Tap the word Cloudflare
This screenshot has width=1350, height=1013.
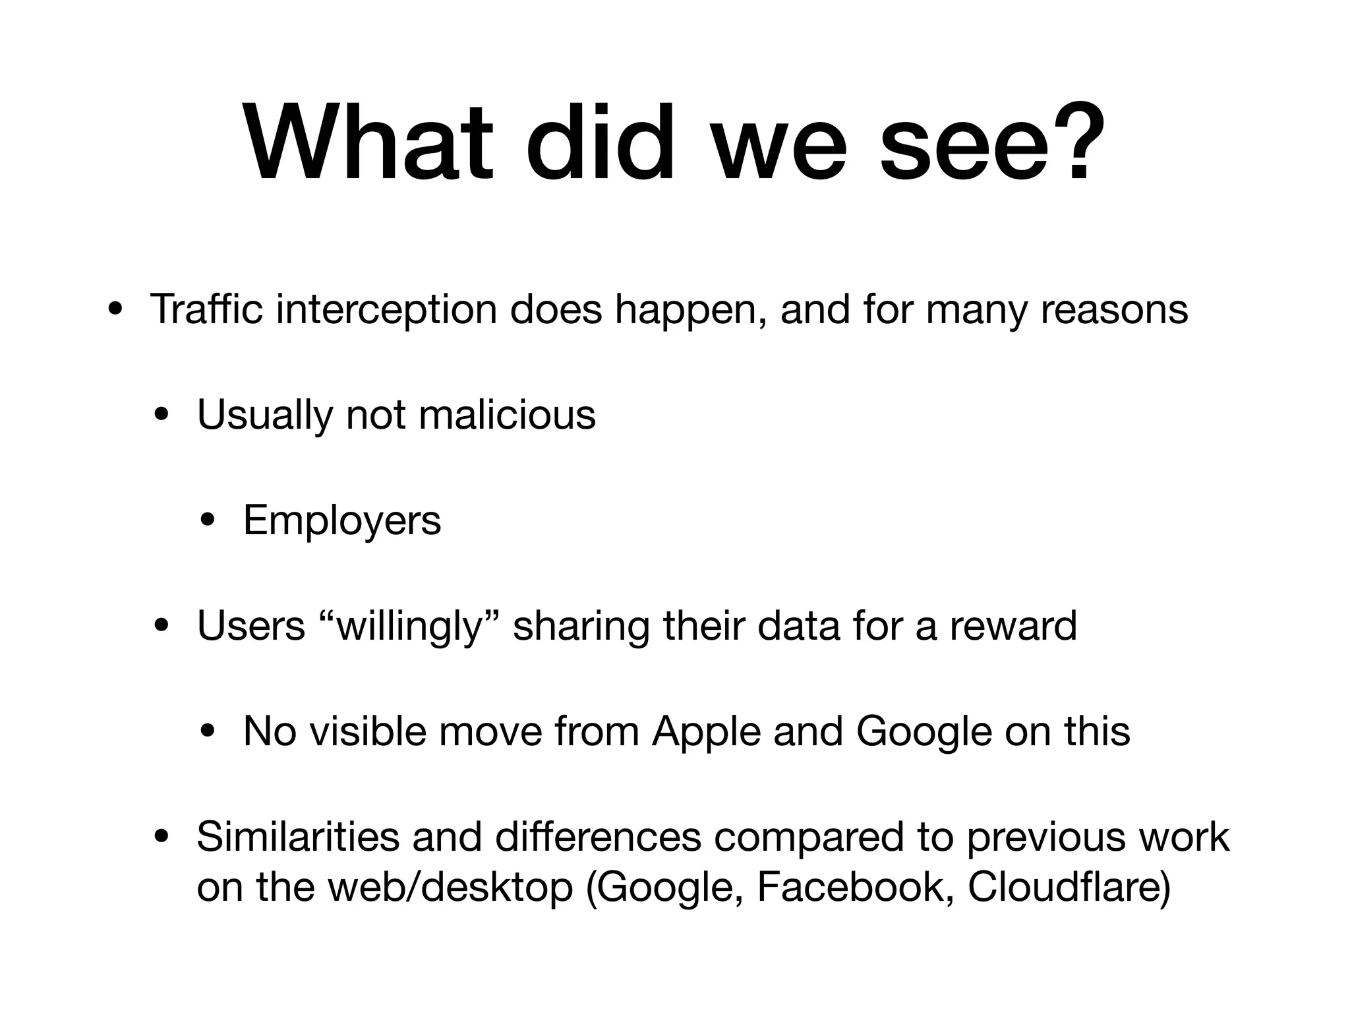(1069, 887)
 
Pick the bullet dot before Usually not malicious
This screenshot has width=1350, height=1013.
(161, 415)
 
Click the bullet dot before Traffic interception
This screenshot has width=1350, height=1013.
(115, 310)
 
